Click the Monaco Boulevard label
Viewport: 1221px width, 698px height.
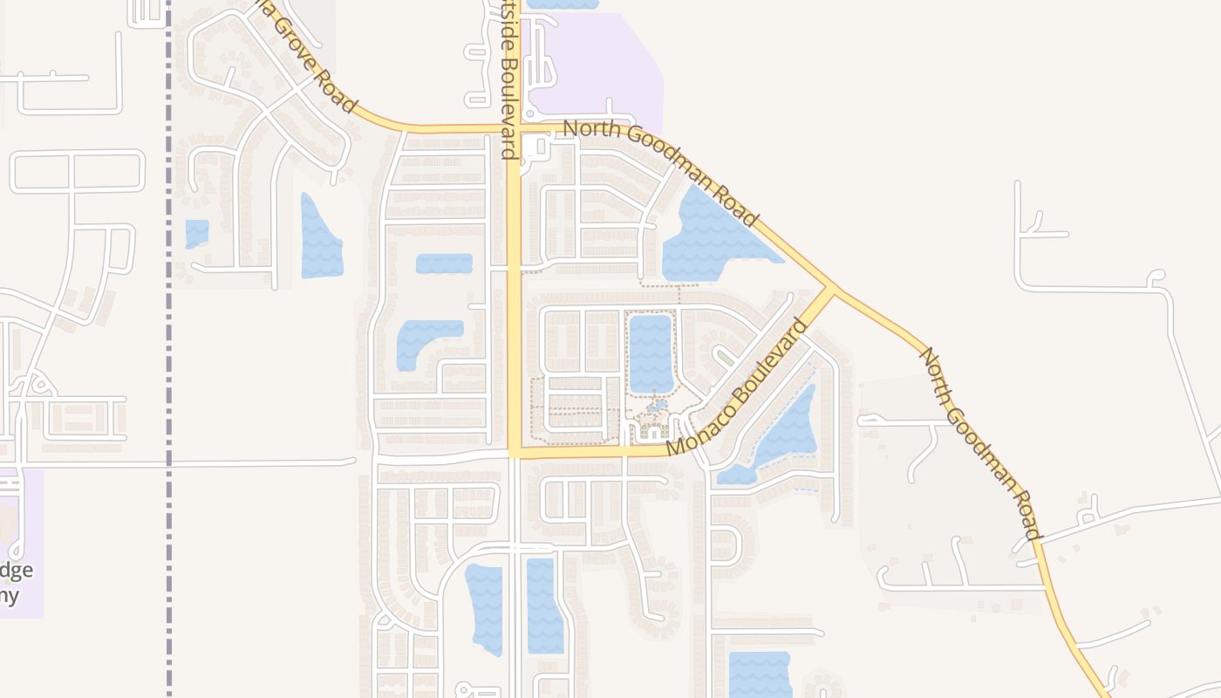738,387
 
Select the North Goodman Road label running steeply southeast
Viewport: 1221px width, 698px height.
981,443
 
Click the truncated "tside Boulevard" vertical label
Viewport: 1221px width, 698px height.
510,80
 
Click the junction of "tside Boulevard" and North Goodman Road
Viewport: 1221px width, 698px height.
513,129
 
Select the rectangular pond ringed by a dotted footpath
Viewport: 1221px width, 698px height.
651,353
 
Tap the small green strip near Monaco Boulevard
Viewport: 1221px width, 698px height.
724,357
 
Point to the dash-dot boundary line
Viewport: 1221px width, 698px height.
168,349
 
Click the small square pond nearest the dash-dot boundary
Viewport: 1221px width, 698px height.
197,234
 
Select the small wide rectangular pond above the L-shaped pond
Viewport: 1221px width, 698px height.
444,263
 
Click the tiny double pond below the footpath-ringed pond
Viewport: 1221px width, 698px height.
658,405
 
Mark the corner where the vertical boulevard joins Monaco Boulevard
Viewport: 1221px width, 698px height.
515,452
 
